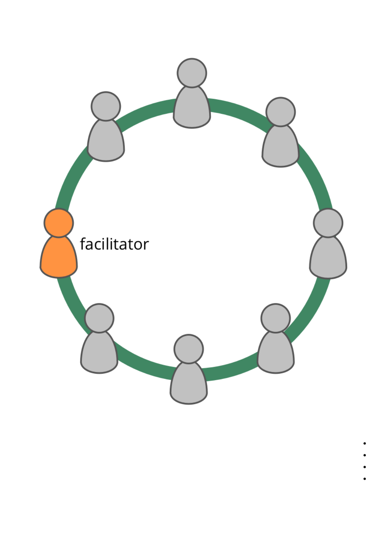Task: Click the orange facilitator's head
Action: coord(59,223)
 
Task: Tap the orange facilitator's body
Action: coord(59,259)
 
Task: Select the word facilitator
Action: coord(114,244)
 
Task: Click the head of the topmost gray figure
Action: coord(192,73)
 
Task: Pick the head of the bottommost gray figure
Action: coord(188,349)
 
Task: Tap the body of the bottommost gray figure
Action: coord(188,385)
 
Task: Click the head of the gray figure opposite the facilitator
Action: coord(328,223)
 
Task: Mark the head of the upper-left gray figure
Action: coord(106,106)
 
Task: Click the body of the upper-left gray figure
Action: coord(106,143)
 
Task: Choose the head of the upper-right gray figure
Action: coord(281,112)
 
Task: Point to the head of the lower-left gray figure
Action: coord(99,318)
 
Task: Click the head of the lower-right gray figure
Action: coord(276,318)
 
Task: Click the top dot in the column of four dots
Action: coord(365,444)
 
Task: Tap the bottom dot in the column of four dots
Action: coord(365,479)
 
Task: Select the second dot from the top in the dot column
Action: coord(365,455)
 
